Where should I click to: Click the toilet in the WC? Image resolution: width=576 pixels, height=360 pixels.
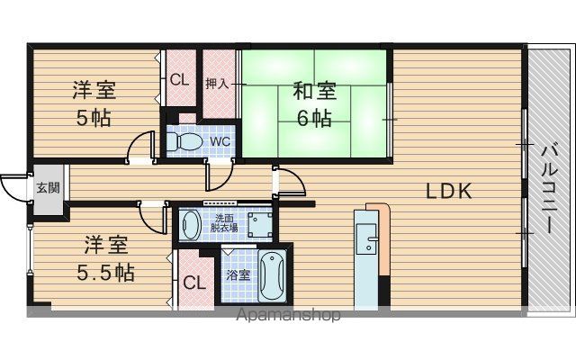coord(184,141)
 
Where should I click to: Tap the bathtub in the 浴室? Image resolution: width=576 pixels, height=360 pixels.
coord(272,275)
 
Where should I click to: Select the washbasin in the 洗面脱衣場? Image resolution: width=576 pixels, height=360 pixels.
coord(190,225)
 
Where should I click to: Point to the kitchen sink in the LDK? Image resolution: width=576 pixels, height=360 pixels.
coord(367,238)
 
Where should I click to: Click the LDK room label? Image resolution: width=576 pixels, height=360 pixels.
coord(448,191)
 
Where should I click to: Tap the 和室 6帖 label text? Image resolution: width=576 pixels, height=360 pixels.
coord(315,104)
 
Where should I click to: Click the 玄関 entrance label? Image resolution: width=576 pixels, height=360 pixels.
coord(48,188)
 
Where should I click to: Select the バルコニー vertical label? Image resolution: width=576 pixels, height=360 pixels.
coord(550,189)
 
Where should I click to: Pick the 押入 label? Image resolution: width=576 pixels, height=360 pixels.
coord(217,84)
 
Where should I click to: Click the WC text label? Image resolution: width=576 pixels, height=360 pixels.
coord(220,142)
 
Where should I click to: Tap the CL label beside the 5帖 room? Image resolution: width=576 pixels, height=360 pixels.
coord(180,80)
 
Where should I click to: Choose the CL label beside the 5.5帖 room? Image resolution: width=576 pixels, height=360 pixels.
coord(194,283)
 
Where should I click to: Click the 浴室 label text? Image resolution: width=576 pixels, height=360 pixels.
coord(238,274)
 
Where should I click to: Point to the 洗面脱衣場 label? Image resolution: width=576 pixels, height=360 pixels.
coord(224,223)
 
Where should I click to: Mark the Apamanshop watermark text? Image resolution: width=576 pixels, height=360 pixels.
coord(288,315)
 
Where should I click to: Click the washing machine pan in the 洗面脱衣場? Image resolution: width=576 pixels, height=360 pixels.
coord(260,225)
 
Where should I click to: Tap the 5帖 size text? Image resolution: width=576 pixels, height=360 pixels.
coord(94,118)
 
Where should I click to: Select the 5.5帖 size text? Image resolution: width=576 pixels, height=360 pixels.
coord(106,273)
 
